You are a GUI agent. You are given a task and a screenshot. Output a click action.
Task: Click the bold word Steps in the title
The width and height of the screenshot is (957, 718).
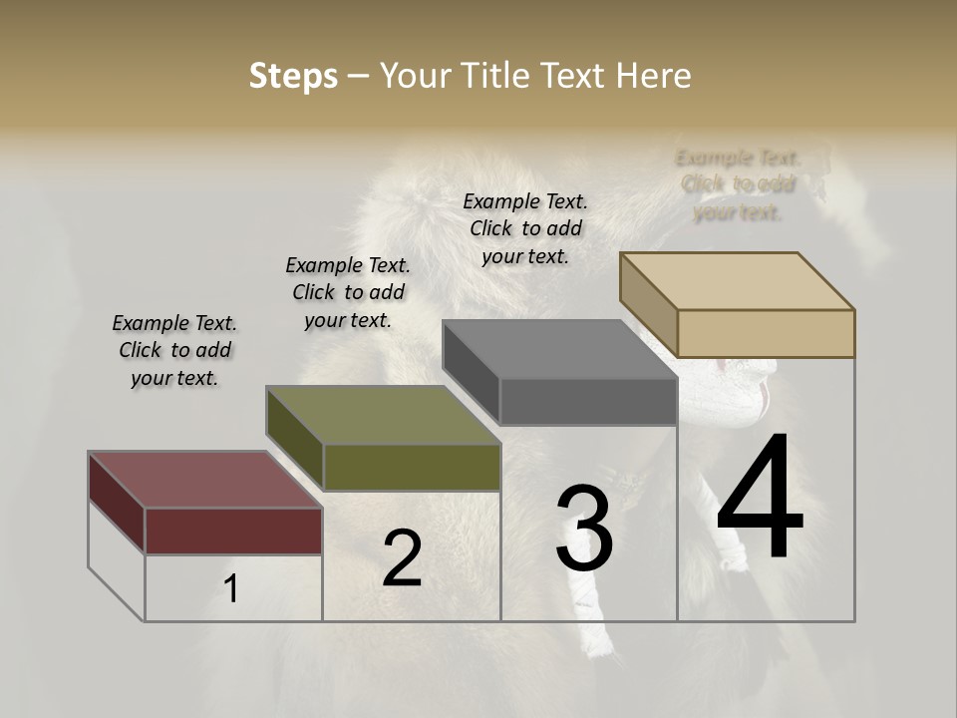click(293, 76)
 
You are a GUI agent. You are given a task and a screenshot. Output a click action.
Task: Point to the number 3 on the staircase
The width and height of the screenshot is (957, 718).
click(584, 529)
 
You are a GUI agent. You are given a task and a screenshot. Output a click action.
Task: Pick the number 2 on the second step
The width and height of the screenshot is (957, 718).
click(402, 559)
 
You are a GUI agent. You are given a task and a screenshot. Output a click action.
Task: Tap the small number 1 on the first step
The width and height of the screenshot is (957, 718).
click(231, 589)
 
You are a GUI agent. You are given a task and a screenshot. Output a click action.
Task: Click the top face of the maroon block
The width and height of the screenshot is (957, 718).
click(205, 480)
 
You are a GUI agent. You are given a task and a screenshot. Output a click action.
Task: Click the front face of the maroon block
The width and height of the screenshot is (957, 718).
click(233, 531)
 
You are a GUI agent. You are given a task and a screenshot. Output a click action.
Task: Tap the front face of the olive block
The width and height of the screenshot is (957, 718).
click(412, 467)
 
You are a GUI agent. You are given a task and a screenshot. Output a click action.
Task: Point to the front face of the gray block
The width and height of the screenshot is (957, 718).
click(588, 402)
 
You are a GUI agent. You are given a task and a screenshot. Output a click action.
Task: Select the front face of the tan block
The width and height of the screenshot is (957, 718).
click(766, 333)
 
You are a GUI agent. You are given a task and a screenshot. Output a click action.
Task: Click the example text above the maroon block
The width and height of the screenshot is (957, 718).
click(174, 350)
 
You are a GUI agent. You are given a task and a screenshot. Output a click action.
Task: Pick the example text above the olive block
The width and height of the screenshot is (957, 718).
click(348, 292)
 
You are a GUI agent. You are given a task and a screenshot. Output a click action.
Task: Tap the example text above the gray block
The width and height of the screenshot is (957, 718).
click(525, 228)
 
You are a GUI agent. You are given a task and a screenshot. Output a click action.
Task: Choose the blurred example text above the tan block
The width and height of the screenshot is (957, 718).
click(738, 184)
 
